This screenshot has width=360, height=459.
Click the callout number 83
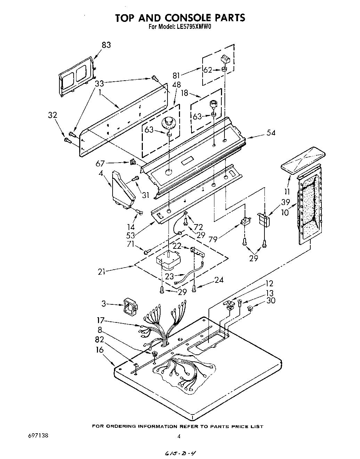click(x=106, y=45)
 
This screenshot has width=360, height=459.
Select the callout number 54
click(x=271, y=133)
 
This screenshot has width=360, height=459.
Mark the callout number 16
click(x=100, y=350)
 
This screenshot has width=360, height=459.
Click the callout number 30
click(x=270, y=300)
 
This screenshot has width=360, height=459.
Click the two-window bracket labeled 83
click(x=77, y=77)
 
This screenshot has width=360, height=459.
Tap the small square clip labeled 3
click(x=130, y=307)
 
